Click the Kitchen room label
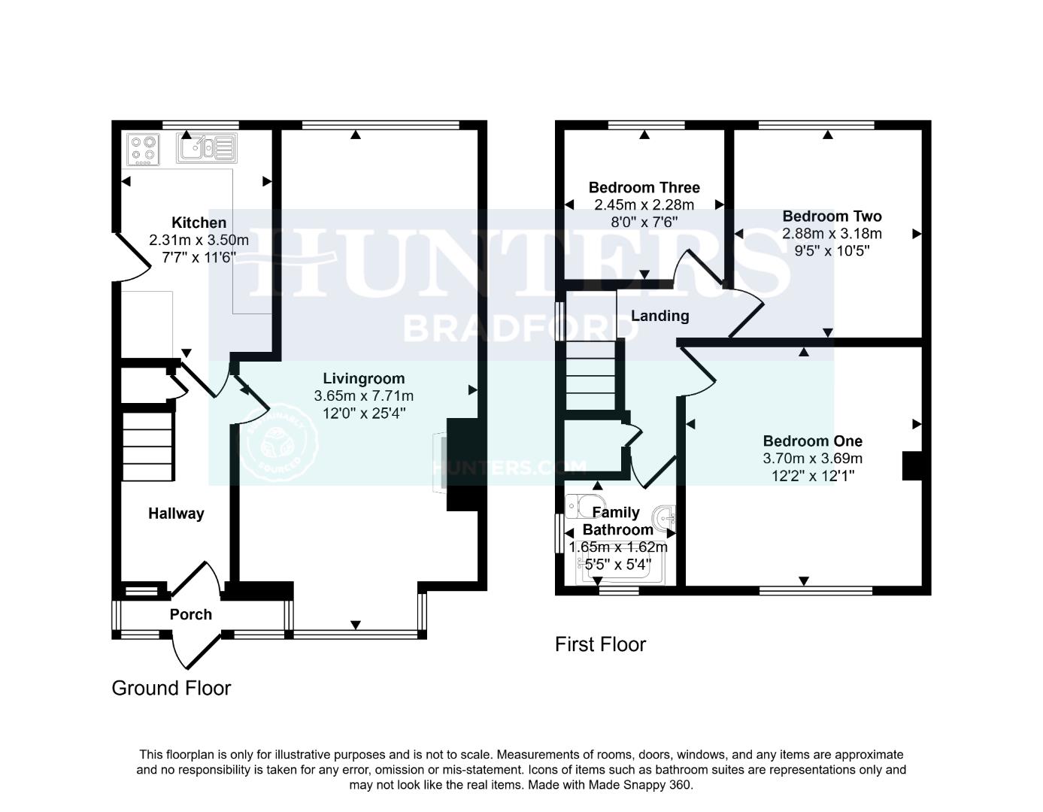[199, 223]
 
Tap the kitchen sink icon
[207, 148]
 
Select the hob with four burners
[144, 149]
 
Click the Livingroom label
[364, 378]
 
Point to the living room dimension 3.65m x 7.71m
[364, 395]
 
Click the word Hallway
[176, 514]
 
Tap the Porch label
[190, 614]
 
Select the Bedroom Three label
[644, 187]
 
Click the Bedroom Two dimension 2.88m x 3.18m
[832, 233]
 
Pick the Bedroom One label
[812, 441]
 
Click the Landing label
[659, 316]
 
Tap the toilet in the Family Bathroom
[585, 505]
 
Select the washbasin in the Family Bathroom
[666, 518]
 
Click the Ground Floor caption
[171, 688]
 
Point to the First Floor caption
[600, 644]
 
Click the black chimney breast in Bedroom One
[911, 465]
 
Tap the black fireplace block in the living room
[462, 465]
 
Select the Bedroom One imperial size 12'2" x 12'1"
[812, 476]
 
